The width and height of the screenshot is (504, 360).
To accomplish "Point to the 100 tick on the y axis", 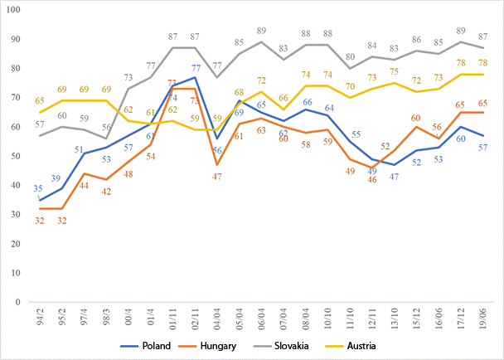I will pyautogui.click(x=15, y=11).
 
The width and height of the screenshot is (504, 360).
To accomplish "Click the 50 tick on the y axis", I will pyautogui.click(x=17, y=157).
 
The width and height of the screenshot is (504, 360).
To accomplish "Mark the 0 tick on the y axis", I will pyautogui.click(x=20, y=302).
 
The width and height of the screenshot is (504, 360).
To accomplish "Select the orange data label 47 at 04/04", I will pyautogui.click(x=217, y=177).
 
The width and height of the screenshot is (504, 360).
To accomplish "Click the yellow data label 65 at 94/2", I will pyautogui.click(x=40, y=101).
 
